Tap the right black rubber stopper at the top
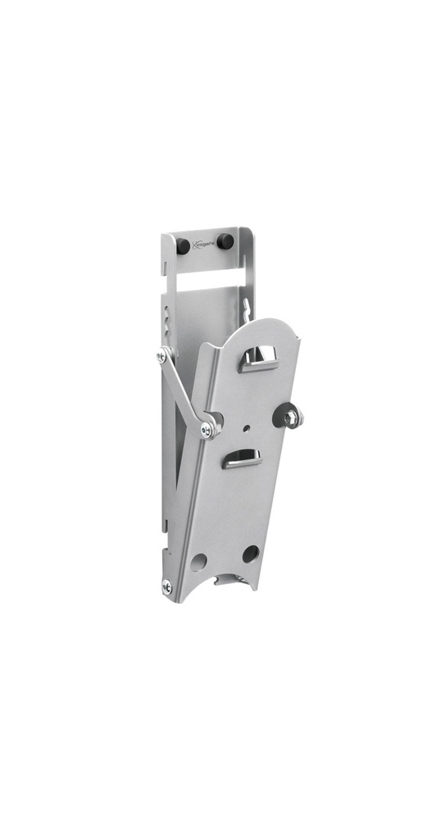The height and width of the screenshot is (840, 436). (x=224, y=241)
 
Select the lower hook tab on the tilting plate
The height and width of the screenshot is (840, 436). (x=241, y=459)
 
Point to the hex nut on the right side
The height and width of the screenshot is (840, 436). (x=291, y=418)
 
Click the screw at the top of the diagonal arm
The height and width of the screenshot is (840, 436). (x=161, y=356)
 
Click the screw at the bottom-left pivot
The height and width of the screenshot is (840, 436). (x=167, y=586)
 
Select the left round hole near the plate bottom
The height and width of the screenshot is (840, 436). (x=199, y=562)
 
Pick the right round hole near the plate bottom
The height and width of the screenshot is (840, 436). (x=250, y=554)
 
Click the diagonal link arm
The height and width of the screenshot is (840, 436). (x=184, y=390)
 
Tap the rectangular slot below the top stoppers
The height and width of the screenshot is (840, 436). (x=208, y=280)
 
